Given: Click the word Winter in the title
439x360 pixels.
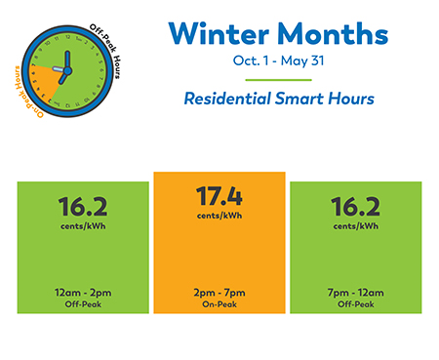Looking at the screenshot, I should click(x=215, y=33).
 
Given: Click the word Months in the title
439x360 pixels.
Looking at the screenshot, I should click(x=331, y=33).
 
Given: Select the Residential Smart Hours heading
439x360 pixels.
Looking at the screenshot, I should click(x=279, y=100).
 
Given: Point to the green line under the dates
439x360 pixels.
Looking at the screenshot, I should click(x=279, y=80).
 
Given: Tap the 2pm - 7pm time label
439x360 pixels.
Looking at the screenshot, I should click(x=219, y=291).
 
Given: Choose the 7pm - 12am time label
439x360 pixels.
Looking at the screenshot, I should click(x=356, y=291).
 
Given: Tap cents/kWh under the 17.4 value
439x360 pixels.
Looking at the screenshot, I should click(x=219, y=215).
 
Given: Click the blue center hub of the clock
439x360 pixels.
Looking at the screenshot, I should click(x=67, y=67).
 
